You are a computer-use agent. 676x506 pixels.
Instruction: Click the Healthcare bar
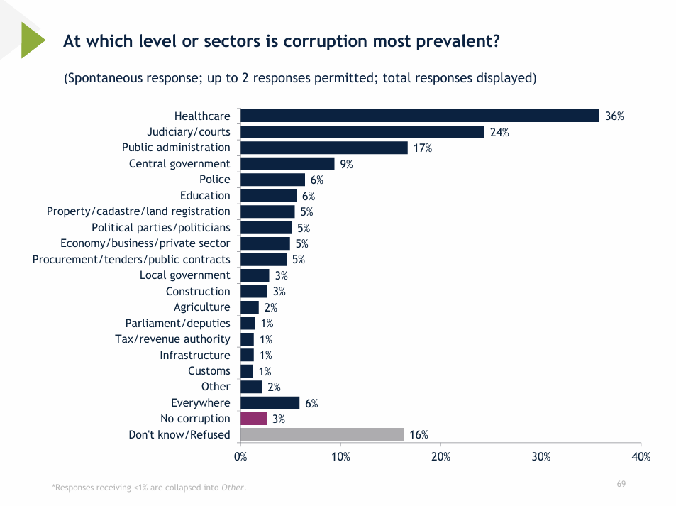coord(420,116)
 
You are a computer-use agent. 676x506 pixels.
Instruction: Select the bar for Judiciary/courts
coord(362,132)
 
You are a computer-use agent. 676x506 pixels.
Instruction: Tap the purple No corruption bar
coord(253,419)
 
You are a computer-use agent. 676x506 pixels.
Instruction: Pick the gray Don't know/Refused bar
coord(322,434)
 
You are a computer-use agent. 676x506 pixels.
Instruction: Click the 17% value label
coord(423,148)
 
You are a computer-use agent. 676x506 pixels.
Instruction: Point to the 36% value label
coord(614,116)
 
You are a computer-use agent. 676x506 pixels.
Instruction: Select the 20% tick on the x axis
coord(440,456)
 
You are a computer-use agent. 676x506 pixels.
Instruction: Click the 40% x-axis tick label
coord(641,456)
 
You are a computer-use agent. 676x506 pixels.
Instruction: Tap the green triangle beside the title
coord(33,40)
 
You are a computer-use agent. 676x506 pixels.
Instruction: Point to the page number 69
coord(621,484)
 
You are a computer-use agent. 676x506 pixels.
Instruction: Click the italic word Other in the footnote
coord(233,488)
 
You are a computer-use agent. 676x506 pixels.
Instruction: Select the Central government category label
coord(179,164)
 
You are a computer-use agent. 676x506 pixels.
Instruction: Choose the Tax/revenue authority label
coord(172,339)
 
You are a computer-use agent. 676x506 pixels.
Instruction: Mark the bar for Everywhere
coord(270,403)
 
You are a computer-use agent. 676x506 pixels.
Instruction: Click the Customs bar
coord(247,371)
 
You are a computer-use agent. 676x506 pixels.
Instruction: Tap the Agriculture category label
coord(201,307)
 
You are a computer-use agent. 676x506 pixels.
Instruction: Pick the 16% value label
coord(419,435)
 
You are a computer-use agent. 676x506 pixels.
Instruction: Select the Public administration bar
coord(324,148)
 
